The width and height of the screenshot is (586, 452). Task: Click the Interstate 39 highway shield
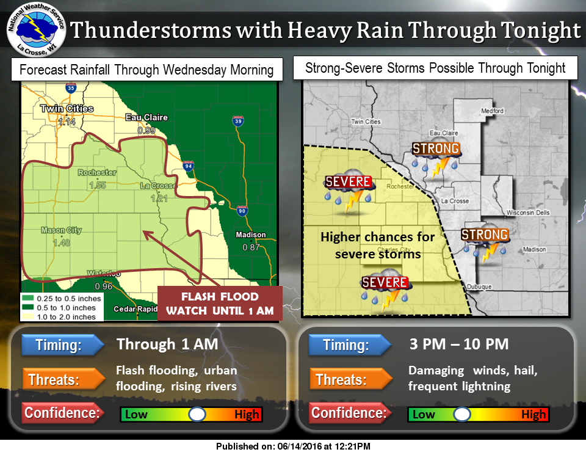click(x=237, y=122)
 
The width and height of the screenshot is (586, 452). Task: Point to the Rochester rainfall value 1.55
click(x=98, y=184)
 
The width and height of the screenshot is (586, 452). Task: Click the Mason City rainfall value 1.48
click(x=60, y=242)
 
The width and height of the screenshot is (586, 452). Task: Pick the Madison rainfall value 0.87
click(x=251, y=247)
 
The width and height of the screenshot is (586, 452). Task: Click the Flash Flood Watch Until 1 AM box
click(x=220, y=304)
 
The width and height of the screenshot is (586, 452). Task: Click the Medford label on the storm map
click(x=491, y=111)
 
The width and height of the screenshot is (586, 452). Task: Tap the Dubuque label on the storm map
click(x=476, y=286)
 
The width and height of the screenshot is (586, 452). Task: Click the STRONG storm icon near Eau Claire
click(x=435, y=157)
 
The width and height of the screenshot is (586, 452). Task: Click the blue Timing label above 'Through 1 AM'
click(x=62, y=345)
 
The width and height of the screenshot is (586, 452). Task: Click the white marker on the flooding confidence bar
click(x=197, y=415)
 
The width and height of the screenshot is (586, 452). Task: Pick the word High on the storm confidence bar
click(x=533, y=415)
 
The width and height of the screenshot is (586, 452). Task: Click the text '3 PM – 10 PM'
click(x=458, y=344)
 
